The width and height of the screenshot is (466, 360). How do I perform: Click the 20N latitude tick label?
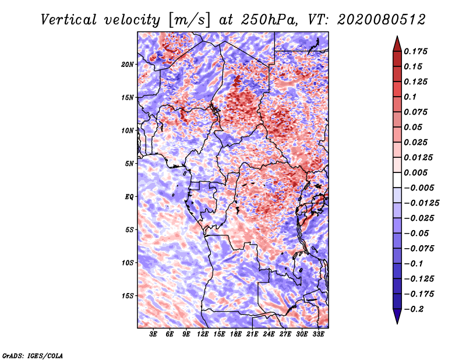(x=127, y=65)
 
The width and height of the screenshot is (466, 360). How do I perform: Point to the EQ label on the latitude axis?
(x=129, y=197)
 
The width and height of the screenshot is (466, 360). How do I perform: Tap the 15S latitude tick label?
(x=128, y=296)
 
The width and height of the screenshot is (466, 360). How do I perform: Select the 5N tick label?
(x=129, y=164)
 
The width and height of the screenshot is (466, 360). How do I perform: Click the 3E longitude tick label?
(x=153, y=334)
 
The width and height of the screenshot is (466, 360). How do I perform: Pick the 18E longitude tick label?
(x=235, y=334)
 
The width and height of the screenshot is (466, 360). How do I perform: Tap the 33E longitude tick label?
(x=318, y=334)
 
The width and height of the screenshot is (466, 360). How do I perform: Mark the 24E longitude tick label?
(x=269, y=334)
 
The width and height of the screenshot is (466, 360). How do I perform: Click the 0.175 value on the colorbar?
(x=415, y=51)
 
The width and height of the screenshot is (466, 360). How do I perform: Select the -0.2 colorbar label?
(x=414, y=309)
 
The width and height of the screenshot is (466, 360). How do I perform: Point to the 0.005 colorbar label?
(x=415, y=172)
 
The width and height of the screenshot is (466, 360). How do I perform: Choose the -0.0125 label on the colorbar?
(x=421, y=203)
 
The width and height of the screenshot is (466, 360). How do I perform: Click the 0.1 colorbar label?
(x=410, y=97)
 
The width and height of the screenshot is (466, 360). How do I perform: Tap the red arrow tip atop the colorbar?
(x=397, y=37)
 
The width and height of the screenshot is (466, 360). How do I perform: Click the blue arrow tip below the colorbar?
(x=397, y=323)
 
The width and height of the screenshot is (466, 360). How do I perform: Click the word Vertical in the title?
(x=69, y=20)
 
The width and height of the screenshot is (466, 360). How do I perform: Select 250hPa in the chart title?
(x=269, y=20)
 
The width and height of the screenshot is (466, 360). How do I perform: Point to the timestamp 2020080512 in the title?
(x=382, y=20)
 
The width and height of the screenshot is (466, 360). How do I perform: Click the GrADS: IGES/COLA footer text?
(x=33, y=355)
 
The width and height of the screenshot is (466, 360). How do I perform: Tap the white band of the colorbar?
(x=397, y=180)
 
